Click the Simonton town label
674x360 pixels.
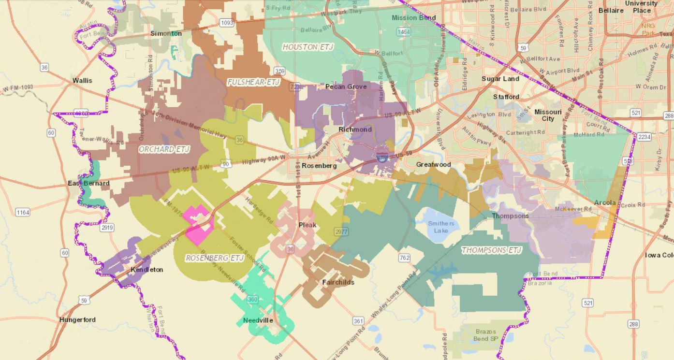coord(166,33)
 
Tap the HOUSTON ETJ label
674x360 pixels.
coord(308,47)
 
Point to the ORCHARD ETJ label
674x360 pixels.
coord(164,149)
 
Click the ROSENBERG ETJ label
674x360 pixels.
coord(215,258)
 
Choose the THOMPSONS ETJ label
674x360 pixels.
coord(491,250)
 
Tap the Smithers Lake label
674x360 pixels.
coord(441,227)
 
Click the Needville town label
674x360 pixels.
coord(258,320)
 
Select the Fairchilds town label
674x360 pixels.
coord(338,282)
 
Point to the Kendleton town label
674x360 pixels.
coord(147,270)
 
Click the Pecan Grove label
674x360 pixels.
coord(346,86)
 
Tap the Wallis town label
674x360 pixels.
coord(82,80)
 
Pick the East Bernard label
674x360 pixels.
coord(88,183)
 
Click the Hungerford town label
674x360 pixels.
coord(77,319)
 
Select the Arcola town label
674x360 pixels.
coord(605,202)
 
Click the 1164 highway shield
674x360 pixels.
coord(22,212)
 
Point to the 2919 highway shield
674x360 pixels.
coord(107,227)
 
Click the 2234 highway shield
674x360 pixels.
coord(644,137)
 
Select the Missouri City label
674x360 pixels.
coord(548,115)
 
